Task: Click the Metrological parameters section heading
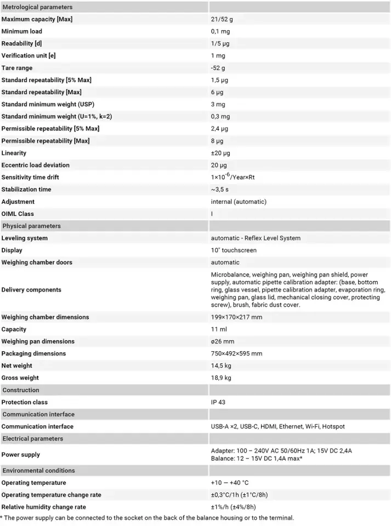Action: [37, 7]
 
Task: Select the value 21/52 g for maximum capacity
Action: [225, 19]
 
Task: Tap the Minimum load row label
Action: [22, 31]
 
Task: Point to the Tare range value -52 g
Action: [218, 68]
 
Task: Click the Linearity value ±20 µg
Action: [220, 153]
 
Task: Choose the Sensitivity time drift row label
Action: [30, 177]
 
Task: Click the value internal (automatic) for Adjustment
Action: [239, 202]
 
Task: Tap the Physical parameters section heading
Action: [32, 226]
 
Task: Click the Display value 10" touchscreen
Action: [234, 250]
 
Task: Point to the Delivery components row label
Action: [31, 289]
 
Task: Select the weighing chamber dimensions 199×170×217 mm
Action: [236, 317]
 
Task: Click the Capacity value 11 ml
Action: [219, 329]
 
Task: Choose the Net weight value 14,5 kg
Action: [221, 365]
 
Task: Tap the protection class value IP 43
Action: [218, 402]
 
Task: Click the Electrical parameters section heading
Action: [33, 438]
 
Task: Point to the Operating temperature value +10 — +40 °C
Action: [230, 483]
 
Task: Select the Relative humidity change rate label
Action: [43, 507]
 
